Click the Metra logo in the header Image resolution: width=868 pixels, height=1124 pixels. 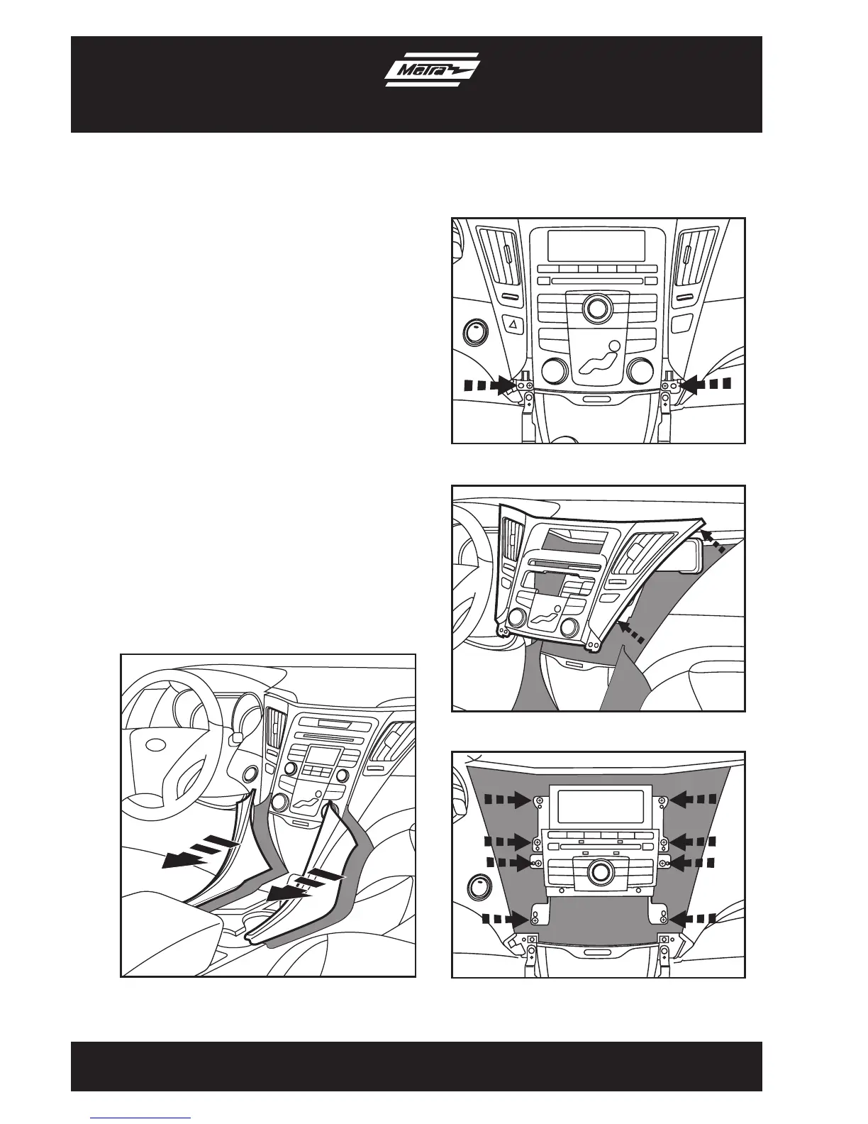click(433, 72)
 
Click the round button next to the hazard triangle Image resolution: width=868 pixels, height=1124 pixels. click(474, 331)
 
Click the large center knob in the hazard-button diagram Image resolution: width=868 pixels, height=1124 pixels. click(597, 307)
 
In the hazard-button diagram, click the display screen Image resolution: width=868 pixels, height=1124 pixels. click(596, 246)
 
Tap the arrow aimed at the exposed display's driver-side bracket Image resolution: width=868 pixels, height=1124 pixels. click(511, 800)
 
